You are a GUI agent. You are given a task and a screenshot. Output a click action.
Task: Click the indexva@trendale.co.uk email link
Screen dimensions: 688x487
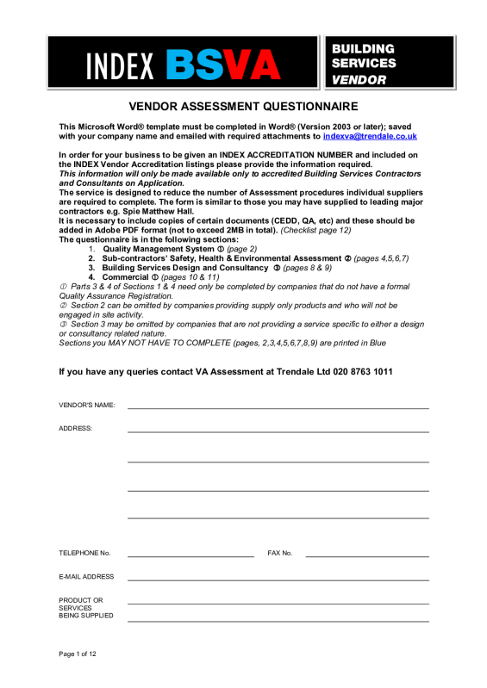coord(370,136)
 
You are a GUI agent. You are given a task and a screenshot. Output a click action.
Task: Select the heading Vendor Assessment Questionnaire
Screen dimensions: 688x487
coord(243,108)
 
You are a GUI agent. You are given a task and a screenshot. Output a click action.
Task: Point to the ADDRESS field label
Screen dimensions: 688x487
coord(75,428)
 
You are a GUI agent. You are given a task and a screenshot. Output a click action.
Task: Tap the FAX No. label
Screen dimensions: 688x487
coord(280,553)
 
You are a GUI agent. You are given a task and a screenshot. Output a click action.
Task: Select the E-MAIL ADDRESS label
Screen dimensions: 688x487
coord(86,577)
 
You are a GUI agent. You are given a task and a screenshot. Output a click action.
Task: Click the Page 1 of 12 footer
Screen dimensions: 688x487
coord(78,654)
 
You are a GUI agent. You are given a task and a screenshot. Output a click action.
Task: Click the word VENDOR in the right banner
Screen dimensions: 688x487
coord(359,80)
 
